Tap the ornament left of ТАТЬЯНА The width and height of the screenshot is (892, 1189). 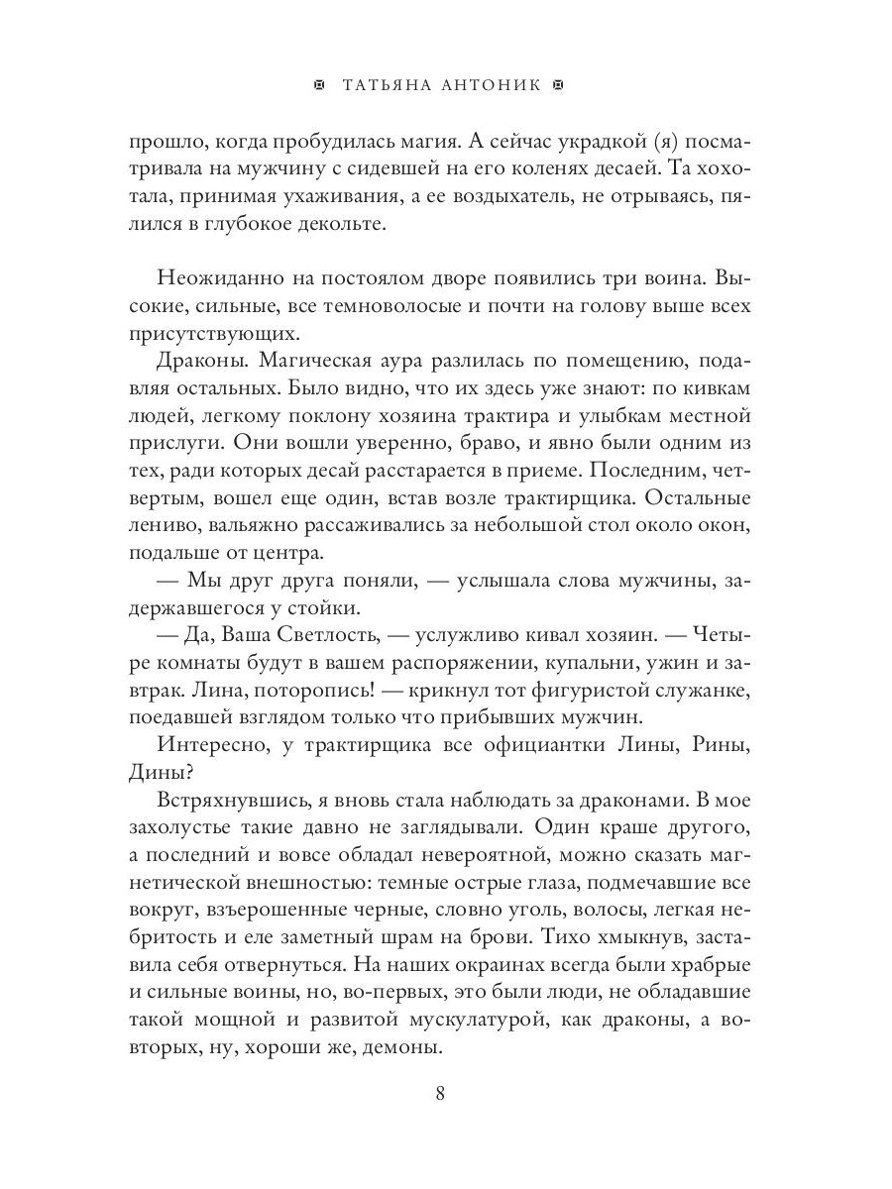(x=318, y=86)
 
